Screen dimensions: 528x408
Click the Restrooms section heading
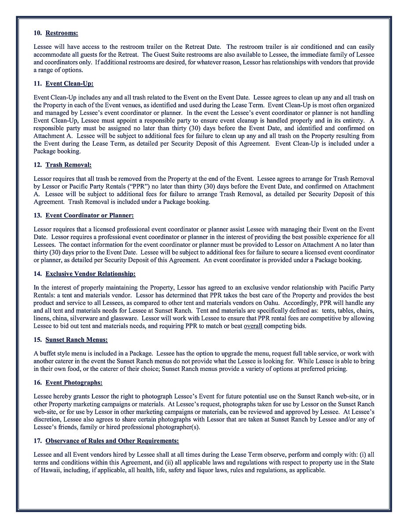point(62,33)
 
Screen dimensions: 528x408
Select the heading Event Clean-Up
point(69,84)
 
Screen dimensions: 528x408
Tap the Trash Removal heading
point(68,165)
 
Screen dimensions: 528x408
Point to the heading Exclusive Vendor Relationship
point(90,274)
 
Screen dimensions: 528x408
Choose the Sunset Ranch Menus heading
point(76,340)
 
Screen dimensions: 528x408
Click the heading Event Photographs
point(74,383)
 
